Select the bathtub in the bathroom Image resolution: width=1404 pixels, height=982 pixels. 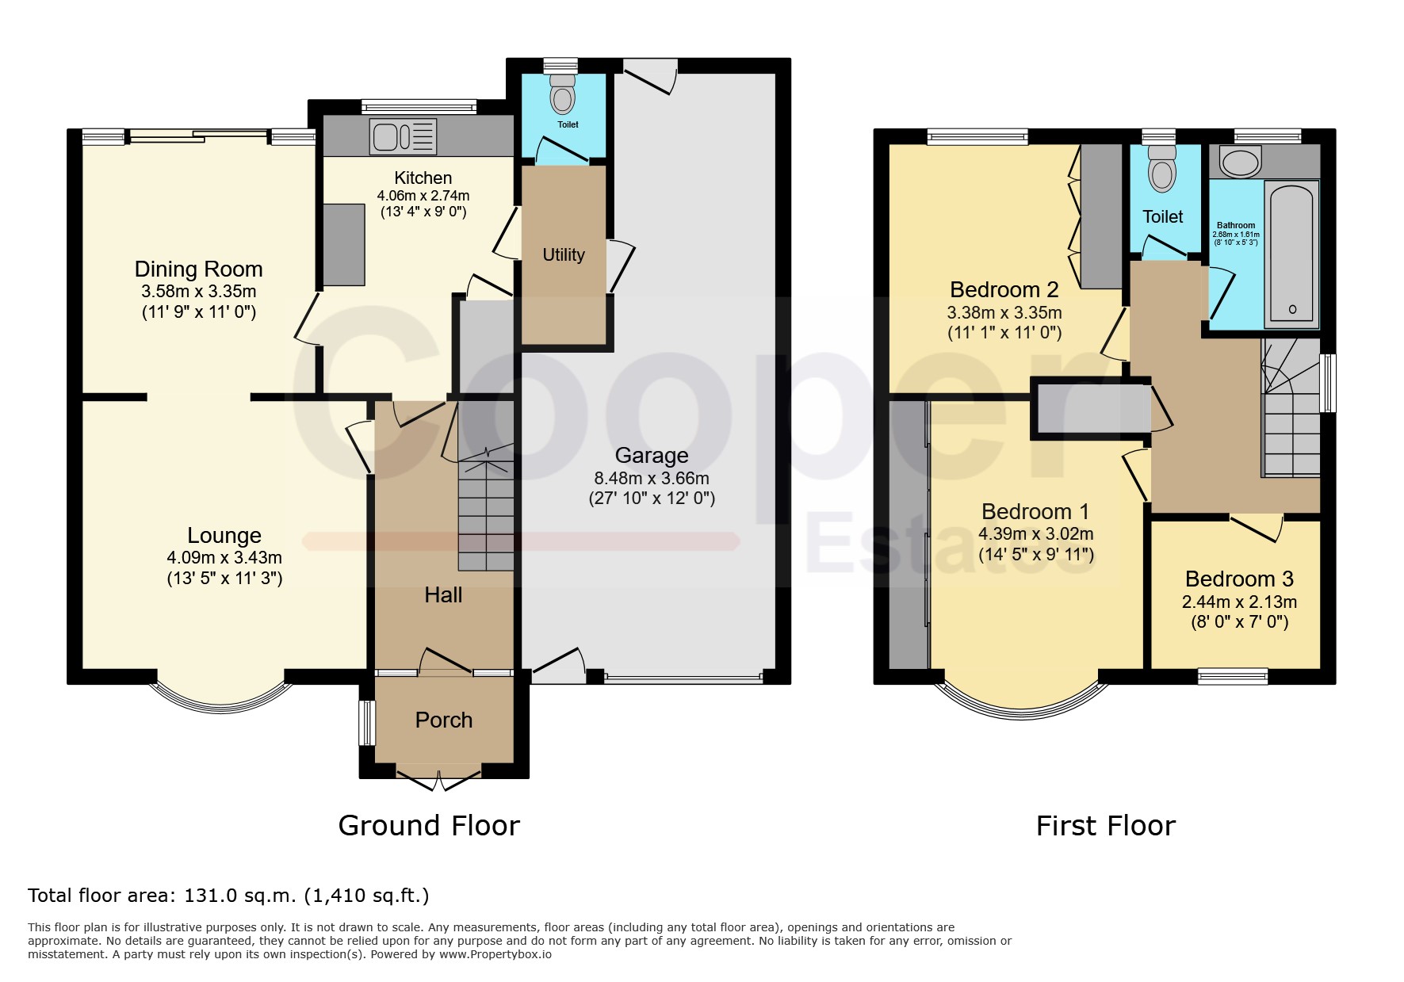(1291, 254)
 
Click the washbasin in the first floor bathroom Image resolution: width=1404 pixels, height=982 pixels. (1241, 162)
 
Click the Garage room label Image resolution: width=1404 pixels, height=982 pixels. (652, 455)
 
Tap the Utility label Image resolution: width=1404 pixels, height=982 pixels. (564, 254)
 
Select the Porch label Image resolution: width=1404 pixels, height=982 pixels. (444, 720)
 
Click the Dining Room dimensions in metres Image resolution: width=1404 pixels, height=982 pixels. (199, 291)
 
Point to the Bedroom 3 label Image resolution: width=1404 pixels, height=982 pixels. (1239, 579)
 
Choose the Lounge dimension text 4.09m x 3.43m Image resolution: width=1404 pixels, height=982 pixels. (224, 557)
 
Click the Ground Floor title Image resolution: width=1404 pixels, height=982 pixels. (429, 826)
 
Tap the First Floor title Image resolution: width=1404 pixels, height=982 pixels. (1106, 826)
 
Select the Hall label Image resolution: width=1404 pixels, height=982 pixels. (443, 594)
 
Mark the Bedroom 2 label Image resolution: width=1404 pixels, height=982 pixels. (1004, 289)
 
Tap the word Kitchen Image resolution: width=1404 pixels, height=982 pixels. (423, 178)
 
